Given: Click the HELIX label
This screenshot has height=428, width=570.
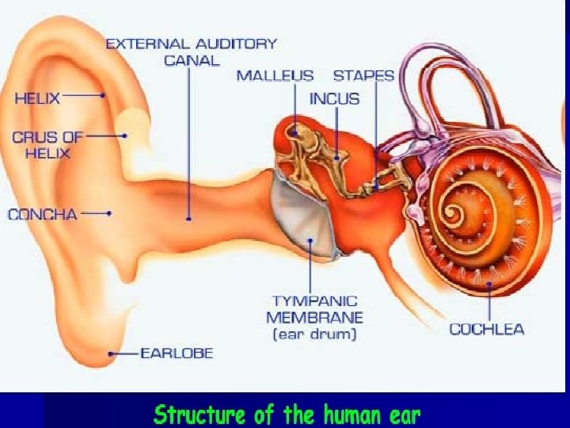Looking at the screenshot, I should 36,98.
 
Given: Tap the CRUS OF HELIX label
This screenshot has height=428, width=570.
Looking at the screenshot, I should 47,144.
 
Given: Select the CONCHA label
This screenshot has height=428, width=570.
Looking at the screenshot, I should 43,214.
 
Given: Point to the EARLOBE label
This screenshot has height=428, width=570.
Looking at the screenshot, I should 177,353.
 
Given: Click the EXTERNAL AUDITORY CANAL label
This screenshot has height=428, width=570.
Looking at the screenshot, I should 192,52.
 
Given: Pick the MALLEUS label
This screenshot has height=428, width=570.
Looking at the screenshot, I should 275,76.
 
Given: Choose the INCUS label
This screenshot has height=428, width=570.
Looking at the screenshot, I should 334,99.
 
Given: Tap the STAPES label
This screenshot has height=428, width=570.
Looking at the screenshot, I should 363,76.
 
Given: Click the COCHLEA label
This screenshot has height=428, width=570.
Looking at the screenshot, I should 487,328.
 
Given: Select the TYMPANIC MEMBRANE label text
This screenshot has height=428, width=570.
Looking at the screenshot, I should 315,309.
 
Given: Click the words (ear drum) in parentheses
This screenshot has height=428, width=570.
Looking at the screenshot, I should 315,335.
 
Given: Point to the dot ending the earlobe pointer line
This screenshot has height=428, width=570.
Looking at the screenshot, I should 112,353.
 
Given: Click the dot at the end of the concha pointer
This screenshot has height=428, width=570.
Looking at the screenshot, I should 109,213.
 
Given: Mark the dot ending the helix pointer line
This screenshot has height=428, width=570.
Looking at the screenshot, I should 104,96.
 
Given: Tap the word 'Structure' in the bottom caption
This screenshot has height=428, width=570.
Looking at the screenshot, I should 196,414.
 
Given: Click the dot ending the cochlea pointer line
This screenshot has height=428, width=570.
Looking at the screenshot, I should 489,284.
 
